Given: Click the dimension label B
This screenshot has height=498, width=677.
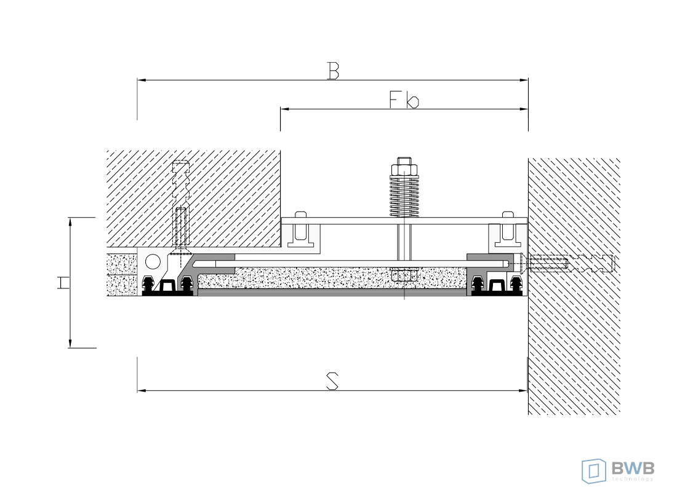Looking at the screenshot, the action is click(333, 71).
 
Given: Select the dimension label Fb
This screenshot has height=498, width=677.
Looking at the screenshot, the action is click(404, 100).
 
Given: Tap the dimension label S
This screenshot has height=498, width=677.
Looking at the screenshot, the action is click(332, 381).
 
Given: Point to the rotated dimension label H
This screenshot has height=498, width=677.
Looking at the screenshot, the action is click(63, 283).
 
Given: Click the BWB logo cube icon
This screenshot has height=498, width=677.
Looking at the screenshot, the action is click(594, 472).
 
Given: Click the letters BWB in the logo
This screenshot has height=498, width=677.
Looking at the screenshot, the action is click(633, 467).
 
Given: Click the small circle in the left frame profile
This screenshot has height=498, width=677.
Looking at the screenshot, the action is click(153, 262).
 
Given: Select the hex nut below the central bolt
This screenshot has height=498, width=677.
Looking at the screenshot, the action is click(404, 274).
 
